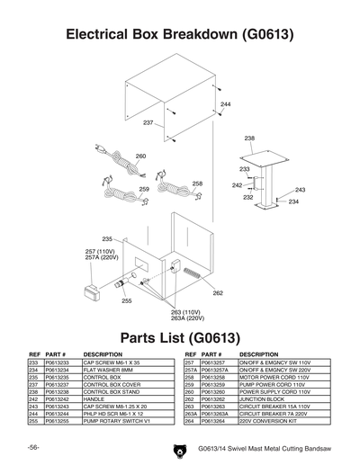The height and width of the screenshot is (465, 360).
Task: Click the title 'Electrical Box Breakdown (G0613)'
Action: (x=180, y=35)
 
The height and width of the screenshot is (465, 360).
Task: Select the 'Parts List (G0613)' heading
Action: (x=180, y=339)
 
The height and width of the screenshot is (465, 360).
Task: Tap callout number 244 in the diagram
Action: (x=225, y=105)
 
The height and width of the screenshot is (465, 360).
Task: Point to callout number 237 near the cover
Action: (x=148, y=122)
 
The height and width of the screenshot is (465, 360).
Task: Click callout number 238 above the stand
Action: (x=249, y=139)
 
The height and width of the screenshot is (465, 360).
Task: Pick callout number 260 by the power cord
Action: (x=140, y=156)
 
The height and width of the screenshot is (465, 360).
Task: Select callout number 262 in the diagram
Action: (x=217, y=293)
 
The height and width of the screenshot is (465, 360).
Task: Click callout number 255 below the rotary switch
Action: (x=127, y=300)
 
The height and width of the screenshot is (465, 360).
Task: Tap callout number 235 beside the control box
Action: (x=106, y=238)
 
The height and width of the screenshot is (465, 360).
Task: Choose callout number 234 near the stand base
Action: (x=293, y=201)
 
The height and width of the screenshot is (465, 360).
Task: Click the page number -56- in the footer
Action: (x=32, y=447)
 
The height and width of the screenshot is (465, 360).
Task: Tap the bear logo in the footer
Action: (x=174, y=448)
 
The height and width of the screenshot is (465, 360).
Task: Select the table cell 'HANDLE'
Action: (x=95, y=398)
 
